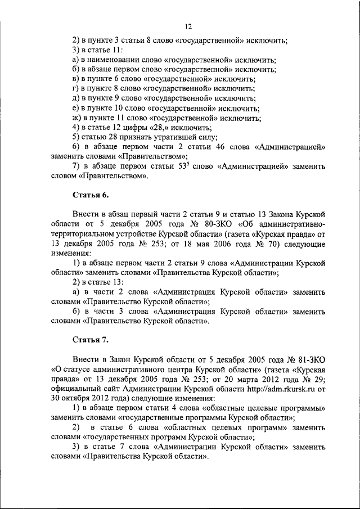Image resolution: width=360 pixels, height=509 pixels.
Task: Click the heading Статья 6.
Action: [x=91, y=195]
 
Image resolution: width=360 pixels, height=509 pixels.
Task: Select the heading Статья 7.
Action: [x=91, y=340]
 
